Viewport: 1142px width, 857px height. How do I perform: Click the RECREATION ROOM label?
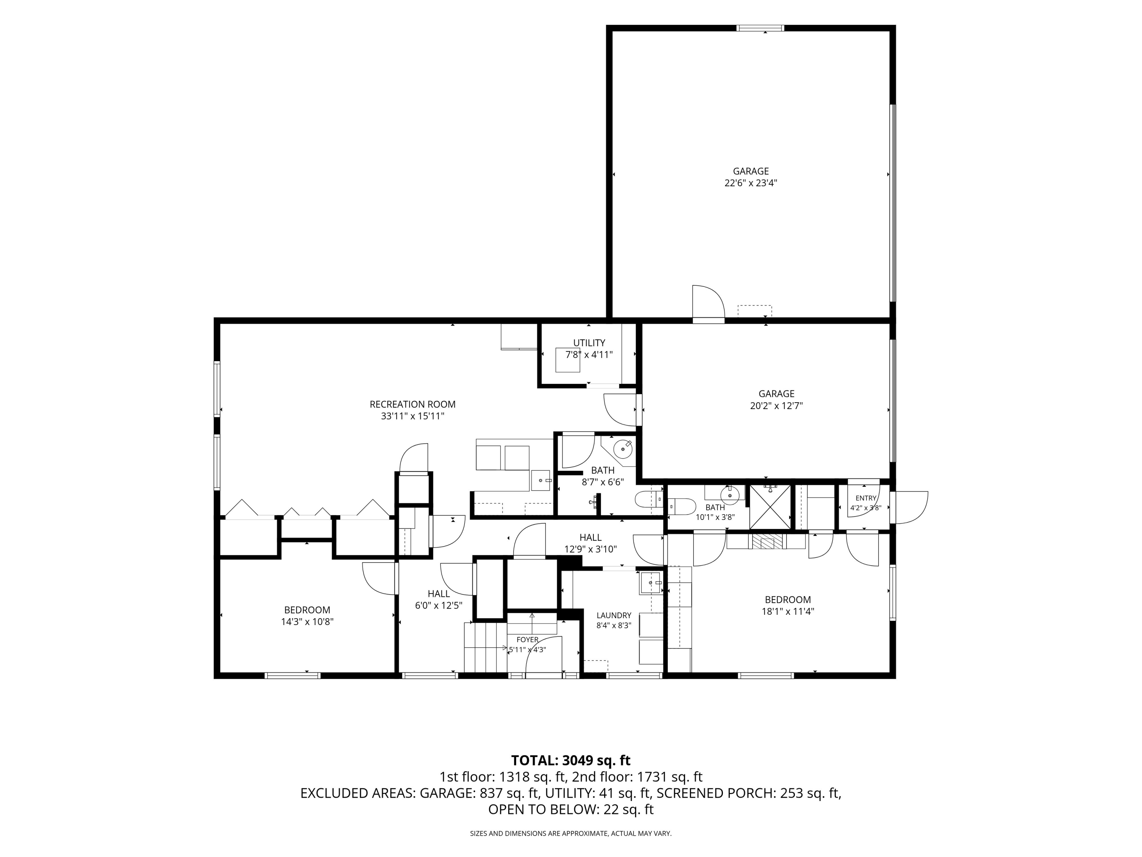pos(413,405)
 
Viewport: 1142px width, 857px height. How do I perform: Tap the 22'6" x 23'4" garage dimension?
pos(751,182)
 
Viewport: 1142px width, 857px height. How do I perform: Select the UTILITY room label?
pos(589,343)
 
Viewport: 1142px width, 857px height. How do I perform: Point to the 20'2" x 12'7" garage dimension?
pos(777,406)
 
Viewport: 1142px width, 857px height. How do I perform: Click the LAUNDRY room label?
pos(614,615)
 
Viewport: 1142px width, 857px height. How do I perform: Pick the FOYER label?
pos(528,640)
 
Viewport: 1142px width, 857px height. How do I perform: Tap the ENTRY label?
pos(866,498)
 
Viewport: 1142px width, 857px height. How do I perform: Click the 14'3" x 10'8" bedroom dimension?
pos(307,622)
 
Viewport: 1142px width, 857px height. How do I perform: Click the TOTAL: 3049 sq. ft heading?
pos(571,760)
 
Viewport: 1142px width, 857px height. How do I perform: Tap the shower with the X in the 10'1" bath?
pos(770,507)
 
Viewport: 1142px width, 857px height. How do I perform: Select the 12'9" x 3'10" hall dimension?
pos(591,549)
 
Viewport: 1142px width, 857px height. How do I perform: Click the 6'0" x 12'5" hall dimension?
pos(439,606)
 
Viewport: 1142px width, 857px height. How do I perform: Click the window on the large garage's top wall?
pos(761,28)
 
